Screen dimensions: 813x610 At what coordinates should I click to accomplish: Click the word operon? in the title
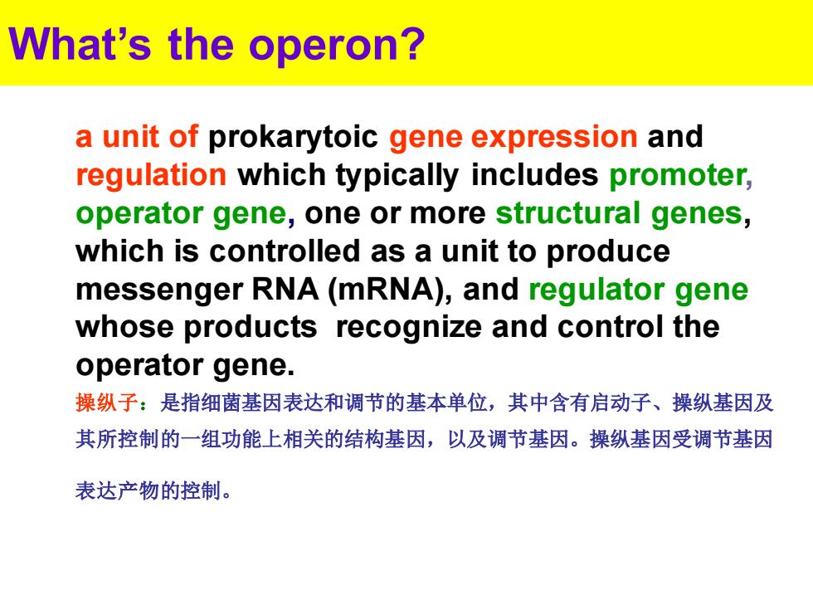coord(337,46)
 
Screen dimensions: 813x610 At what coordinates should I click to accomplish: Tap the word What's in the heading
coord(80,43)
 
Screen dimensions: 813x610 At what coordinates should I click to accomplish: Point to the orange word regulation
coord(151,176)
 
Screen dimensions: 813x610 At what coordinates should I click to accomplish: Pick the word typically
coord(397,176)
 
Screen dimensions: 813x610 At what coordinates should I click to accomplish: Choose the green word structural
coord(567,213)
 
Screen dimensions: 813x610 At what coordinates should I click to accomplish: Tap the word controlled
coord(285,251)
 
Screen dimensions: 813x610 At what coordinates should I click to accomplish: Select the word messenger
coord(159,290)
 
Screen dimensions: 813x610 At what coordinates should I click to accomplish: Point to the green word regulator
coord(596,290)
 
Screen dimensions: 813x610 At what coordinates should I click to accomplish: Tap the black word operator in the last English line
coord(139,366)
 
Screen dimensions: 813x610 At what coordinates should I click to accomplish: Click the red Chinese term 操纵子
coord(106,403)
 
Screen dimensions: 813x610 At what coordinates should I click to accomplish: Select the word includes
coord(534,175)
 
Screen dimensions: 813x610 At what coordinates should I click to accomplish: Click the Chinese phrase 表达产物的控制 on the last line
coord(148,490)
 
